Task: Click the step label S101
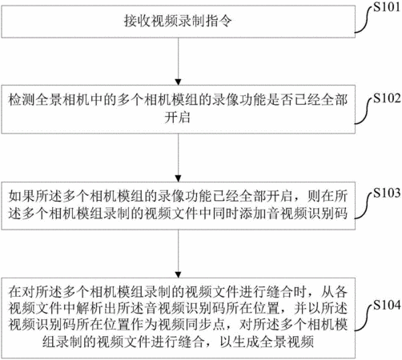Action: tap(387, 7)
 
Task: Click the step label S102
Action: tap(387, 98)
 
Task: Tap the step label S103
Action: tap(387, 193)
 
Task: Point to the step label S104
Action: tap(387, 305)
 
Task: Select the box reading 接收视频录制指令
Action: tap(179, 22)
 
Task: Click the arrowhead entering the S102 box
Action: tap(179, 82)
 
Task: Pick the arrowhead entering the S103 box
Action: tap(179, 178)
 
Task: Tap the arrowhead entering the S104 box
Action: tap(179, 274)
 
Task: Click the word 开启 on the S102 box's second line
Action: tap(178, 118)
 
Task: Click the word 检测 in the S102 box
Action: tap(22, 100)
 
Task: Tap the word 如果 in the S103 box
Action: tap(22, 196)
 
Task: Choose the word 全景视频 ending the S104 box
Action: tap(287, 342)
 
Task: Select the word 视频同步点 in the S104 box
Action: tap(191, 325)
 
